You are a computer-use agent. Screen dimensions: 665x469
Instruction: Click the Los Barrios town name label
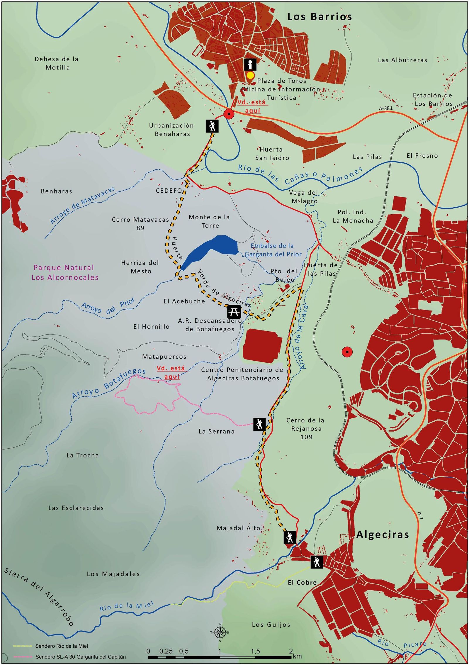click(319, 17)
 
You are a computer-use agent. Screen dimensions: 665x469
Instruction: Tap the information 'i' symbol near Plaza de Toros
click(250, 65)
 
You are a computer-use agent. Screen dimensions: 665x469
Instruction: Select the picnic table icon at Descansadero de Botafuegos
click(234, 311)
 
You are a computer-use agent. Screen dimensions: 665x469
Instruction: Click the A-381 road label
click(385, 108)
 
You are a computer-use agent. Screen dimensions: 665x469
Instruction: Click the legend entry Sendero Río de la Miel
click(61, 646)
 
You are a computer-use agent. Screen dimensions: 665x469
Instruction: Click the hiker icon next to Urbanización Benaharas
click(212, 126)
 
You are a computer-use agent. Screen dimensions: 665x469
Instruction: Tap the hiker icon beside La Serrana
click(259, 424)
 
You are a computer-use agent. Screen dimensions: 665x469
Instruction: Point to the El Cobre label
click(302, 582)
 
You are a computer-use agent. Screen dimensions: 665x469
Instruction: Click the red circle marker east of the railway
click(347, 352)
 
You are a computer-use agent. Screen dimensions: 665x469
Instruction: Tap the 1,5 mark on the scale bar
click(255, 651)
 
